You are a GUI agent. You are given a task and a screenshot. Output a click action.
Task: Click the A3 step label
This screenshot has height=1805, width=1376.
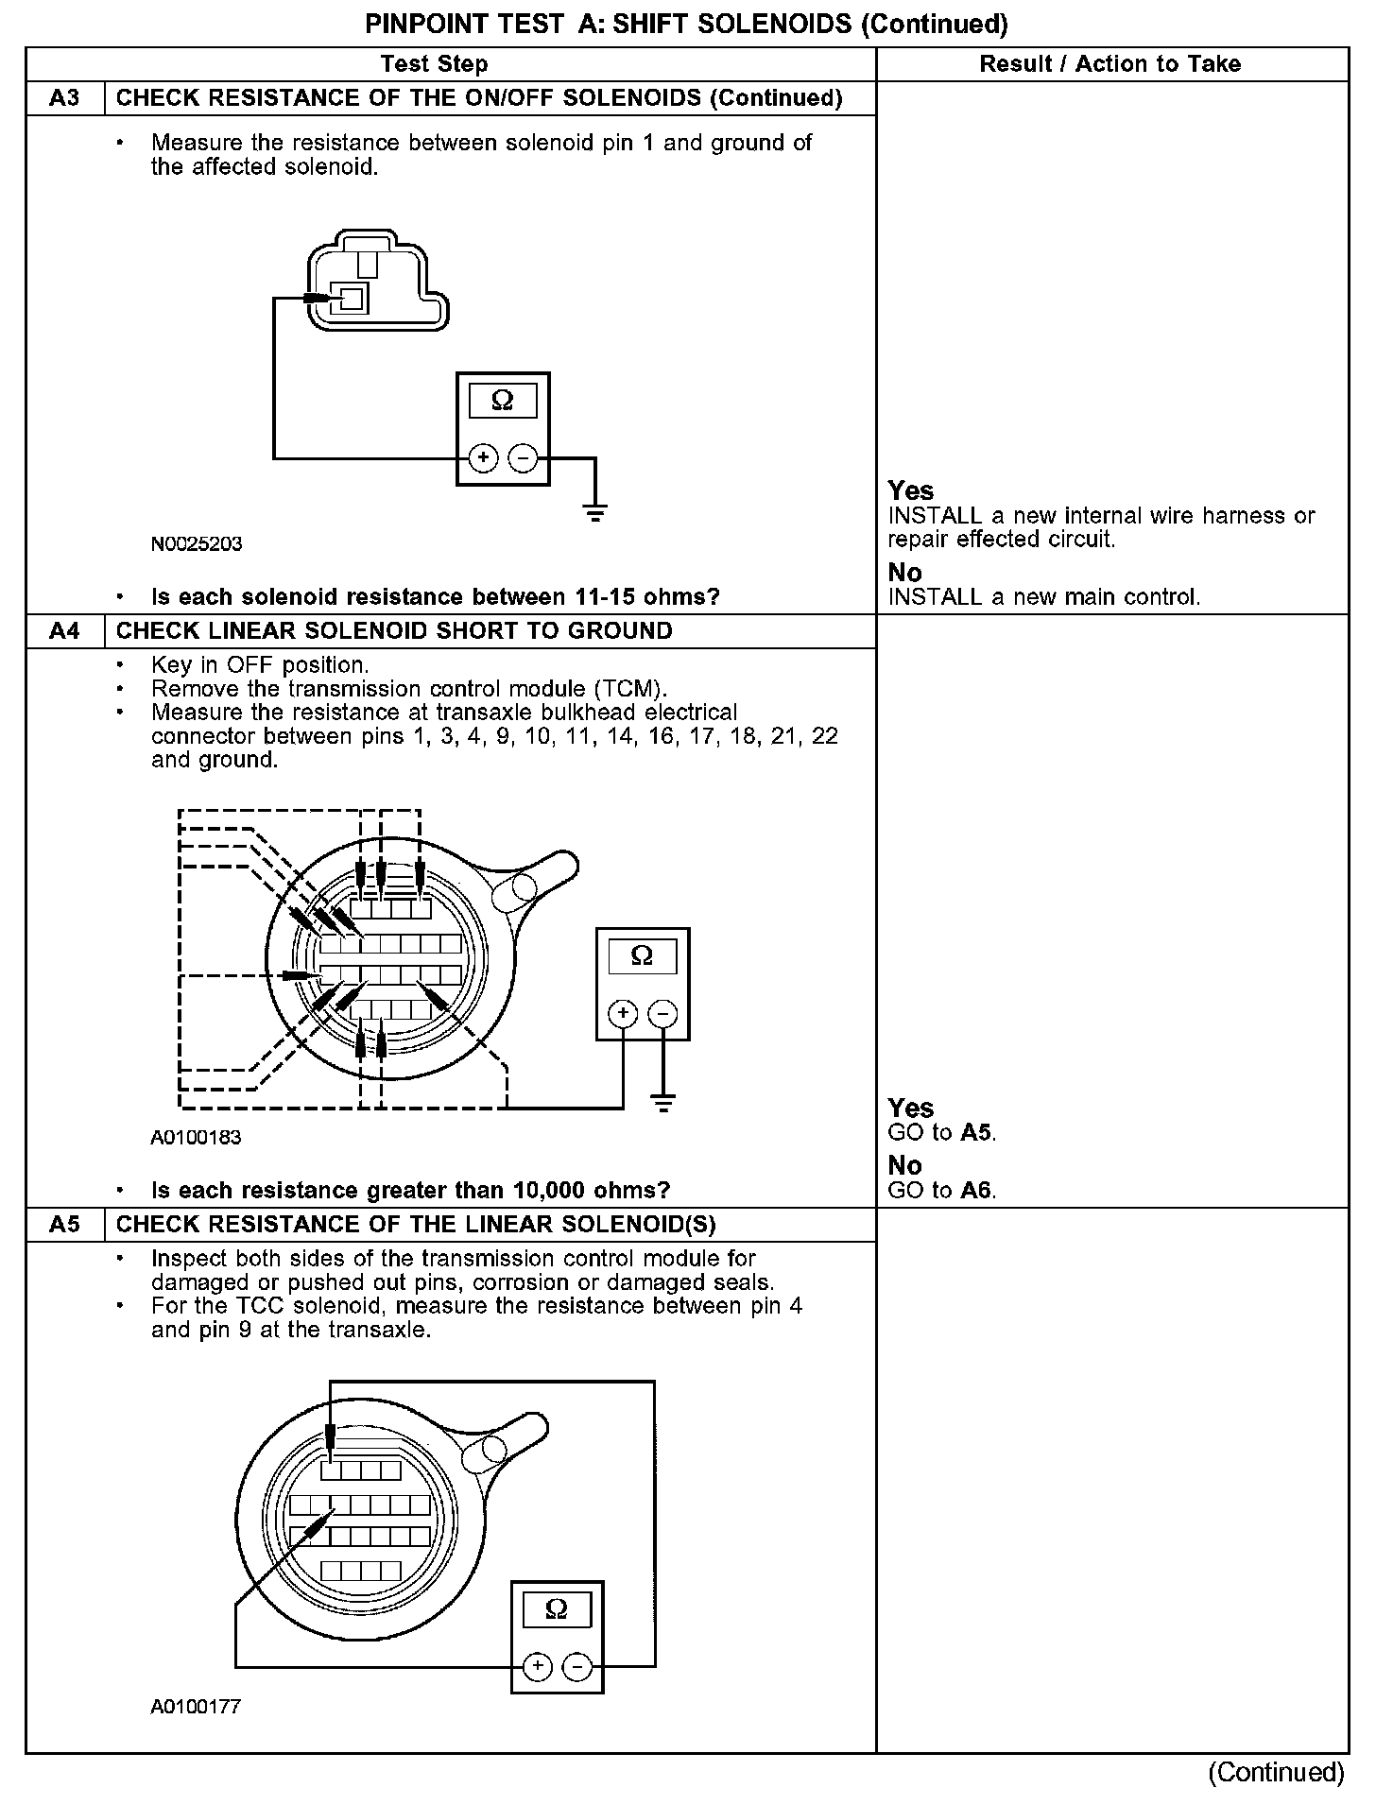[64, 98]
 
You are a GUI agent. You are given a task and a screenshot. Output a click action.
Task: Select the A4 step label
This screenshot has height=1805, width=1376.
[64, 631]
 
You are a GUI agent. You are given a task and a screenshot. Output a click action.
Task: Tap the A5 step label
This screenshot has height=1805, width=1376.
[64, 1225]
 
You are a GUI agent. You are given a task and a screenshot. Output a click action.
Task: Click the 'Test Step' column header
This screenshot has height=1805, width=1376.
[434, 64]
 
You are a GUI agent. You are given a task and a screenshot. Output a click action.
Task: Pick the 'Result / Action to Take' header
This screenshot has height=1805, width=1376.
[1110, 64]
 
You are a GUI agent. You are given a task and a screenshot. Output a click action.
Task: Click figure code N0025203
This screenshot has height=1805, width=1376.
[197, 544]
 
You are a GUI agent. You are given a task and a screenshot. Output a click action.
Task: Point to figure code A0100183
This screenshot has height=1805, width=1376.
[196, 1138]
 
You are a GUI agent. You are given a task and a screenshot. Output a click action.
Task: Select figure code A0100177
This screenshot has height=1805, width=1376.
[196, 1707]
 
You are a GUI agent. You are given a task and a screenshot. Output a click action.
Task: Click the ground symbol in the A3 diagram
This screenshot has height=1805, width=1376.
[595, 513]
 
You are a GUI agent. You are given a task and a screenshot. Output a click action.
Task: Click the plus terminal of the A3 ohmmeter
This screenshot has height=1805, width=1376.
[483, 459]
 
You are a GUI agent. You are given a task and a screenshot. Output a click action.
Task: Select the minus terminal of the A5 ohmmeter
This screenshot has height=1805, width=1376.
[577, 1667]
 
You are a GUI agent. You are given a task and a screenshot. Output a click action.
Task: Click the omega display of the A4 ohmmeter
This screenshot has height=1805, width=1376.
[642, 956]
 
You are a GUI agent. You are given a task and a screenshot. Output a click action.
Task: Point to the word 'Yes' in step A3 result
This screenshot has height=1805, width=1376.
[911, 491]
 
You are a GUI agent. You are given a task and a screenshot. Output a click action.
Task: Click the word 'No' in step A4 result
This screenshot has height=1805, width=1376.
[904, 1166]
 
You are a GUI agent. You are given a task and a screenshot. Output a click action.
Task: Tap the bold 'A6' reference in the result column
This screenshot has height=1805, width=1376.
[977, 1191]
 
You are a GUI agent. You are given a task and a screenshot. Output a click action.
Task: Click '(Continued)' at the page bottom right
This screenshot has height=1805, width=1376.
[1276, 1772]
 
